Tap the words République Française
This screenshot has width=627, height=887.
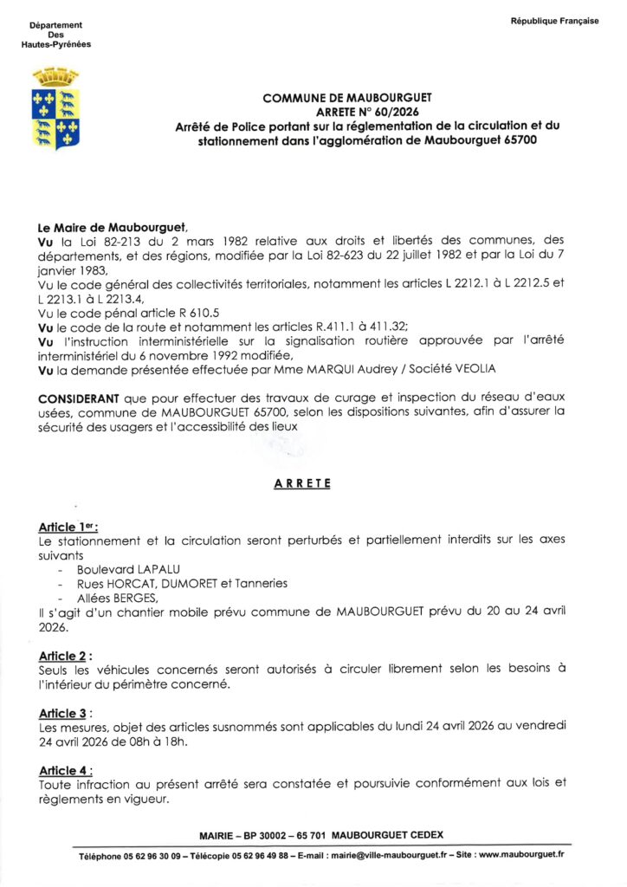554,21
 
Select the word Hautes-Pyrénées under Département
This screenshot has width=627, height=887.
56,44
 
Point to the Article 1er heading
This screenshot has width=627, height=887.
68,527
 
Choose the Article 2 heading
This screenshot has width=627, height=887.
66,656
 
